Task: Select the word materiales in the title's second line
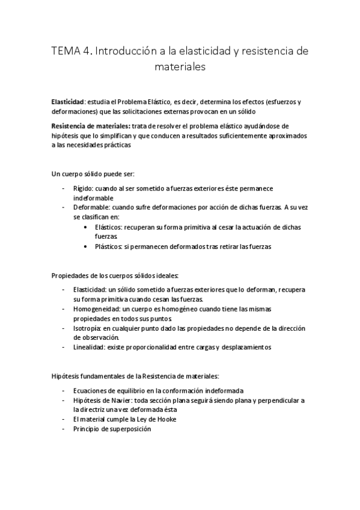tap(180, 68)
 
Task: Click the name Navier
tap(125, 400)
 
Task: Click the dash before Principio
tap(63, 429)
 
